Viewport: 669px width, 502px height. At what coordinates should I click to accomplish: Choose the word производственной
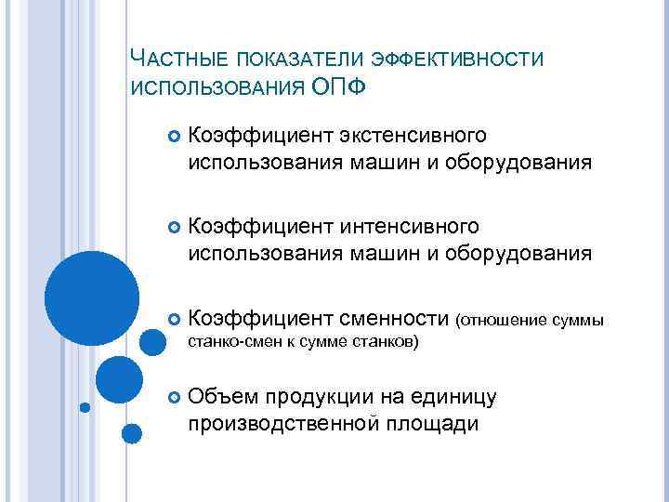279,424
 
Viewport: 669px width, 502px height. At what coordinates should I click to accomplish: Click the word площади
427,424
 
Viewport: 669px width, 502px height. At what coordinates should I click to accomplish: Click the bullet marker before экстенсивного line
172,139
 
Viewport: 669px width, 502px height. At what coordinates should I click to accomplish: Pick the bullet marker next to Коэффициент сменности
172,320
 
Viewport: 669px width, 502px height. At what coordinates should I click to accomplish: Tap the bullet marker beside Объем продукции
172,399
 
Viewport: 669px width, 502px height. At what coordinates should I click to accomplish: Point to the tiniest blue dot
85,406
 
